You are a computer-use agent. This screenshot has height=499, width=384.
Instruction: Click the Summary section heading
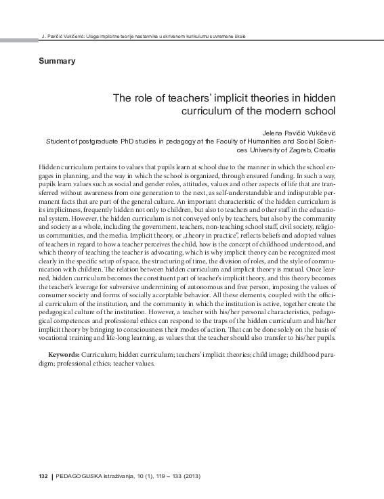58,61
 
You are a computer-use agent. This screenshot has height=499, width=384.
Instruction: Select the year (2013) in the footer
190,477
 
